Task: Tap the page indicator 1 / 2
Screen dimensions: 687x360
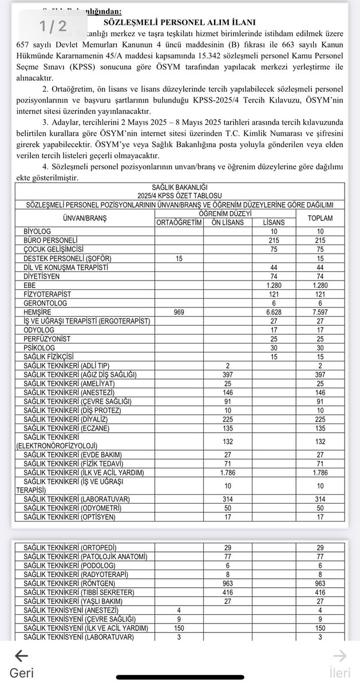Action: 53,25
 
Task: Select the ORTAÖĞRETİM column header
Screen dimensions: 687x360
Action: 179,222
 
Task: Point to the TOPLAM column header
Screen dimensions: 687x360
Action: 320,218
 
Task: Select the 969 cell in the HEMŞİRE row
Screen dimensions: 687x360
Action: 179,311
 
